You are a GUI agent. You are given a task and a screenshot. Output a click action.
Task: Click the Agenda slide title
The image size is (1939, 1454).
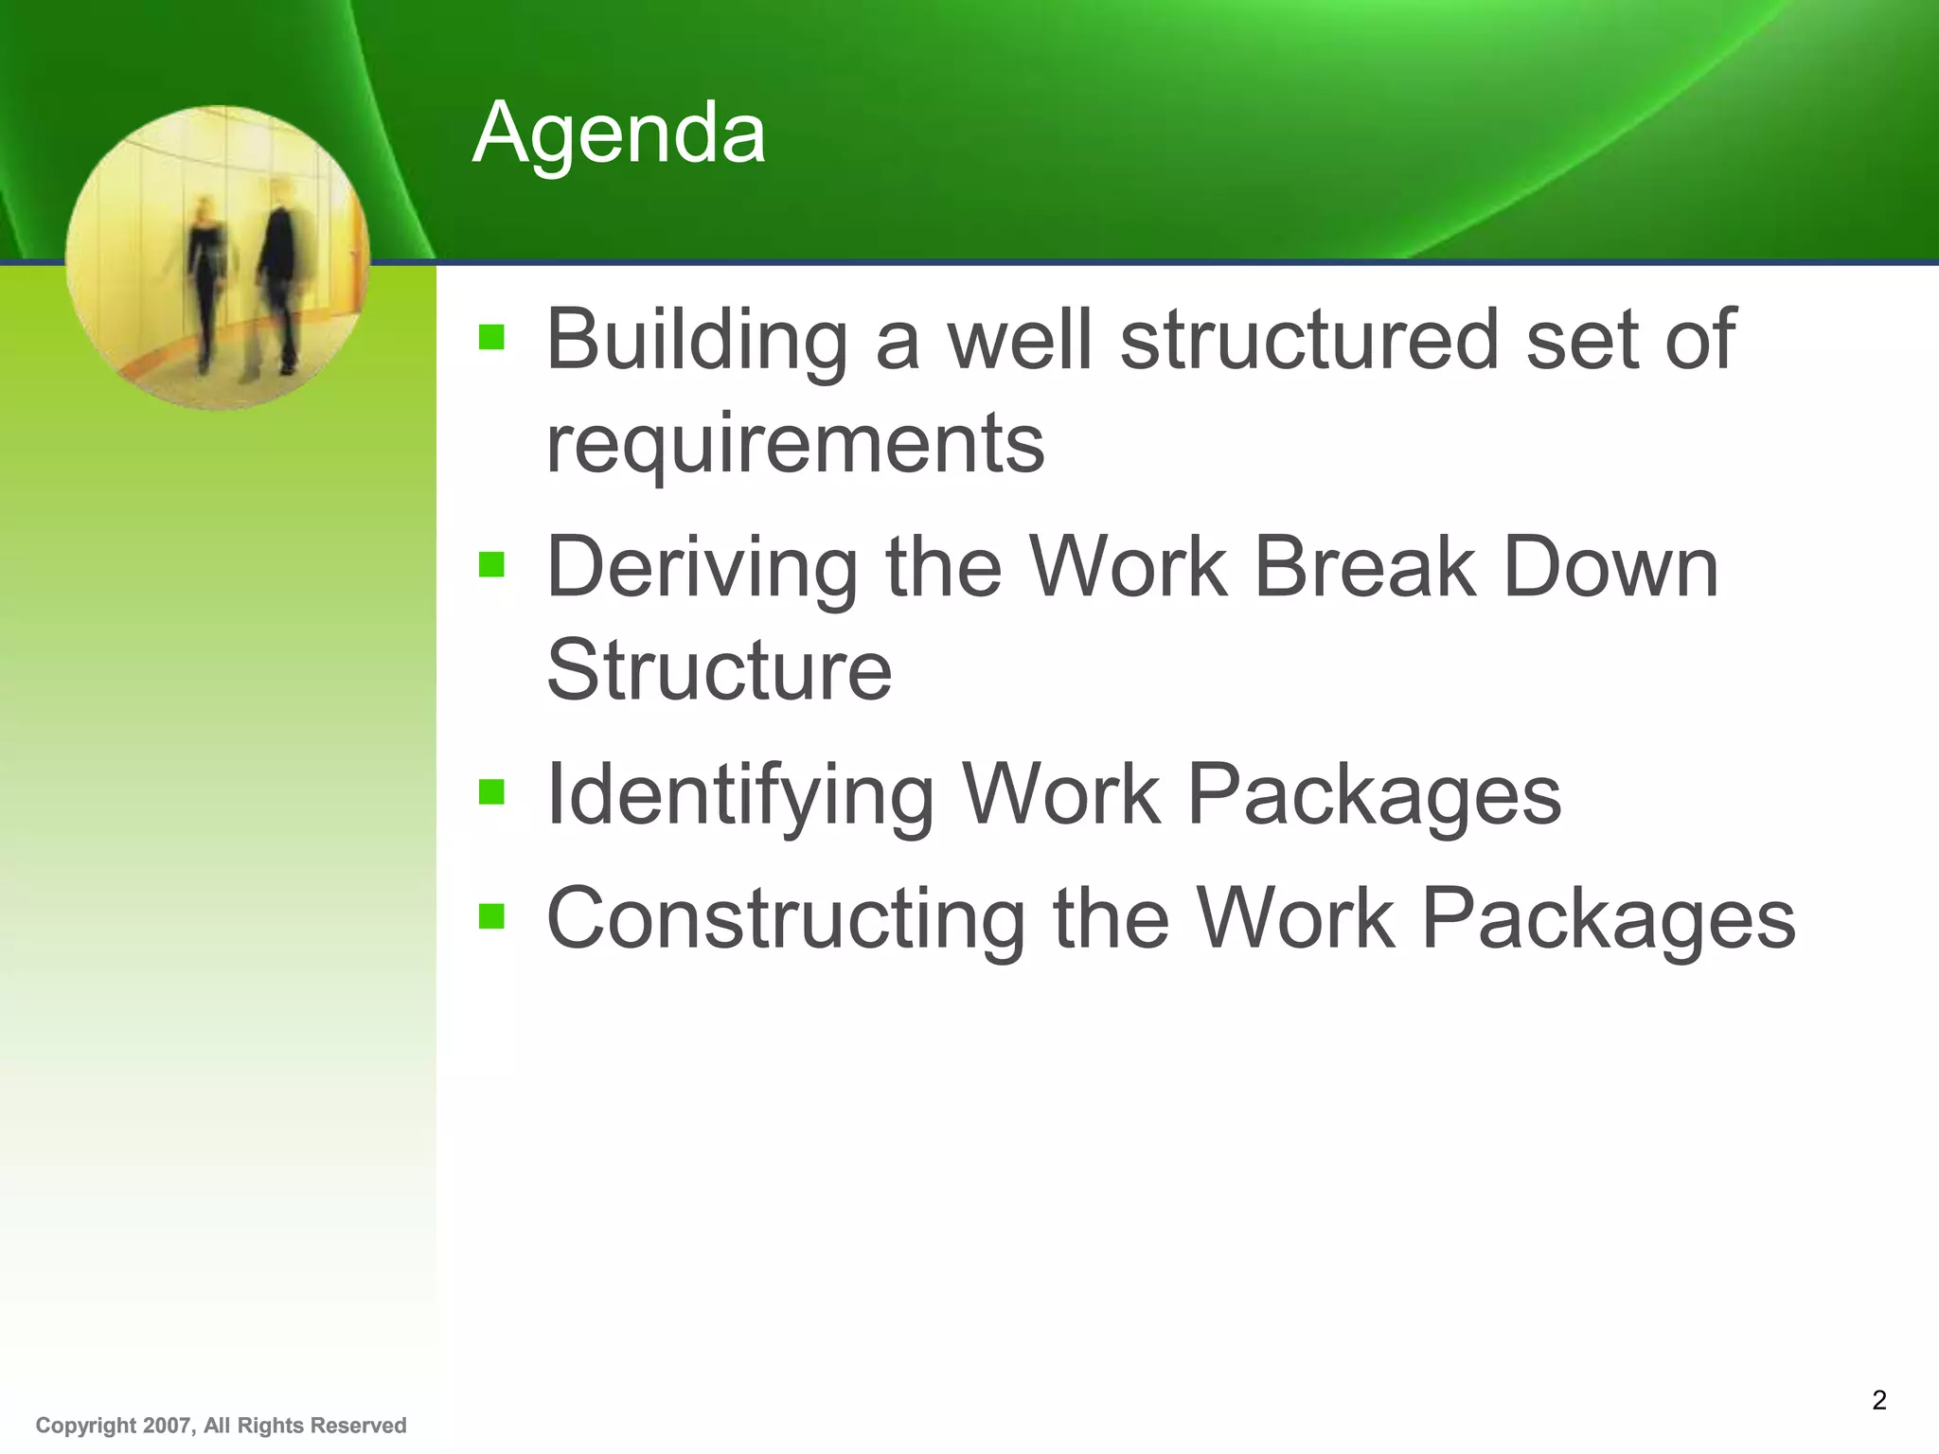pyautogui.click(x=619, y=134)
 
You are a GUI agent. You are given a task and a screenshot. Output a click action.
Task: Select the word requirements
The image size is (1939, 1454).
pyautogui.click(x=795, y=443)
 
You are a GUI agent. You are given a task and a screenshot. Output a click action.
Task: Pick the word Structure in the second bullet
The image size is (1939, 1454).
pyautogui.click(x=719, y=670)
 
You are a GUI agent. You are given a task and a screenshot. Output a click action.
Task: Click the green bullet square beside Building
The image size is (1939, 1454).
pyautogui.click(x=491, y=337)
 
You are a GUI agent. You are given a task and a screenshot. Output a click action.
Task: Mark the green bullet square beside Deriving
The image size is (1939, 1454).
pyautogui.click(x=491, y=565)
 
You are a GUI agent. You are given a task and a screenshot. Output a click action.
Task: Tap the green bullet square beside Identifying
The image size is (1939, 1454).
pyautogui.click(x=491, y=791)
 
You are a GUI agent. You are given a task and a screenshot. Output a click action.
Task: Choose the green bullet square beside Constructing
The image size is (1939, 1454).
pyautogui.click(x=491, y=915)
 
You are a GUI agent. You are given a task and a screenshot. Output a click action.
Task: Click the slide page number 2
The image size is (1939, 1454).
pyautogui.click(x=1879, y=1399)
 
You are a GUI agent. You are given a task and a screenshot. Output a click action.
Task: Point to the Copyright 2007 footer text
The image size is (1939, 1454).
pyautogui.click(x=221, y=1426)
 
